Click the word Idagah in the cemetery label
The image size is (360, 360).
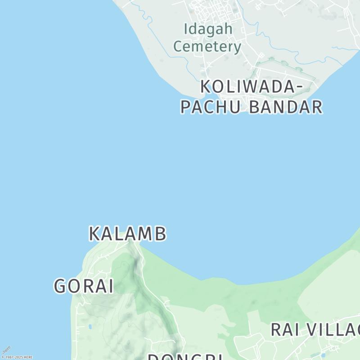pyautogui.click(x=208, y=29)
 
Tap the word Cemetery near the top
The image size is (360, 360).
pyautogui.click(x=207, y=46)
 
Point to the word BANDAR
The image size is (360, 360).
pyautogui.click(x=286, y=107)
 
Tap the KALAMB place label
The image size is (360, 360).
pyautogui.click(x=127, y=234)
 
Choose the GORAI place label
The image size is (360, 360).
pyautogui.click(x=84, y=286)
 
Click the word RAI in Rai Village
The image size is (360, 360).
pyautogui.click(x=285, y=330)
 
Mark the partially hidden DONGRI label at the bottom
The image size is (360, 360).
pyautogui.click(x=185, y=357)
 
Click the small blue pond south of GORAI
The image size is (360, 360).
pyautogui.click(x=90, y=326)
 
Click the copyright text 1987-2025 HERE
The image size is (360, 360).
pyautogui.click(x=18, y=357)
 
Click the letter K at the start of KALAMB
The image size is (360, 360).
pyautogui.click(x=94, y=234)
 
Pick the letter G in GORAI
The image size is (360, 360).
pyautogui.click(x=61, y=286)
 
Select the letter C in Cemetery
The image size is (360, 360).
pyautogui.click(x=178, y=46)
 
